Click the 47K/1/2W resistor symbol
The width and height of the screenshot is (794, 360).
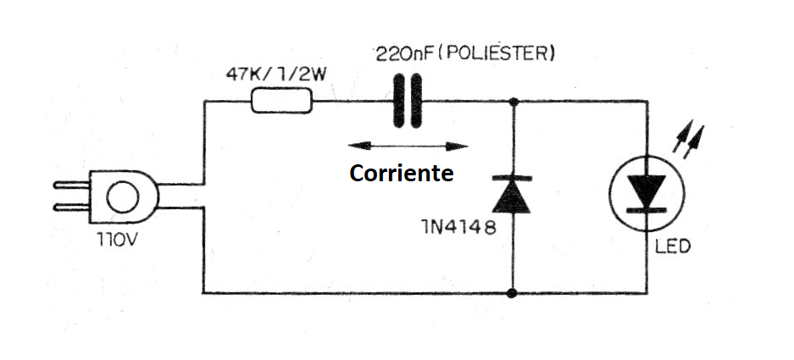point(282,101)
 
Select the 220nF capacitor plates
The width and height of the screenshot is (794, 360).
point(407,101)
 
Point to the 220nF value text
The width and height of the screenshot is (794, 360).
point(405,54)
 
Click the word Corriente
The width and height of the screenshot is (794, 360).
point(402,173)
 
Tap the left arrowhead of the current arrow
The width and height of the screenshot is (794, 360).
point(358,146)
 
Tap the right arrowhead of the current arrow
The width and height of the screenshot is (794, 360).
point(457,147)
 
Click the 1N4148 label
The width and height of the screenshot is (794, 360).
point(458,229)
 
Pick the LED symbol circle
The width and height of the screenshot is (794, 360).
point(647,193)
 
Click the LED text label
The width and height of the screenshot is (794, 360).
point(673,247)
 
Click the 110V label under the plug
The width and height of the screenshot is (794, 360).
point(117,239)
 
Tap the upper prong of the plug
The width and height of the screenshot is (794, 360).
point(71,186)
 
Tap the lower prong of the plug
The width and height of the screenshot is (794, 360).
point(71,207)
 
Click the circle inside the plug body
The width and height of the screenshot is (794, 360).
point(124,197)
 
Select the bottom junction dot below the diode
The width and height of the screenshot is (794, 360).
point(513,293)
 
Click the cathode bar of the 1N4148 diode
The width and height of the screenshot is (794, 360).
point(512,178)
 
